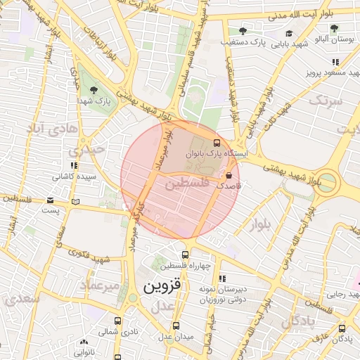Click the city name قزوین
coord(162,287)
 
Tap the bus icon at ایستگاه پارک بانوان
coord(216,141)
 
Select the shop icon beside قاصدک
coord(228,174)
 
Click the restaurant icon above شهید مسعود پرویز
coord(335,62)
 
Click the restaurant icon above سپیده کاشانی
coord(74,165)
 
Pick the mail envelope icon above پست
coord(50,199)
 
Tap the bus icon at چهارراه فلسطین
coord(185,255)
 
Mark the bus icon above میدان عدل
coord(175,326)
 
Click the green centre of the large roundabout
coord(328,183)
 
